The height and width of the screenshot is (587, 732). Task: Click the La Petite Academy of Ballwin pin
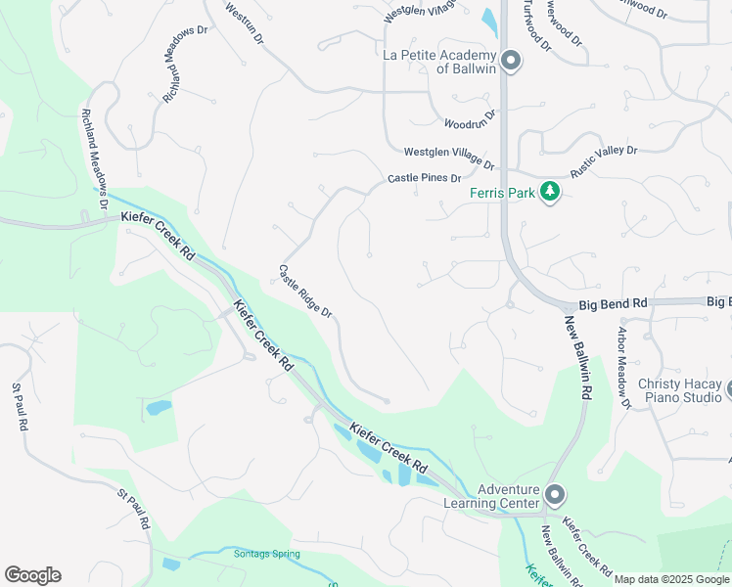(x=510, y=62)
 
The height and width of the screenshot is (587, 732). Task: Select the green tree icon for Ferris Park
(x=551, y=192)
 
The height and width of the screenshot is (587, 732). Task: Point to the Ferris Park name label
(x=502, y=193)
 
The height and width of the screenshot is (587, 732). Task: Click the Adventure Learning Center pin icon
(x=555, y=495)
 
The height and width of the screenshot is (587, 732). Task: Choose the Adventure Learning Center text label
(x=509, y=496)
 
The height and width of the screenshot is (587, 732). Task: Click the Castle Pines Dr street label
(x=424, y=178)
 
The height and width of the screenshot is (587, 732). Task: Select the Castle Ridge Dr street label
(x=305, y=291)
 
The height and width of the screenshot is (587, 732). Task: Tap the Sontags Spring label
(x=266, y=554)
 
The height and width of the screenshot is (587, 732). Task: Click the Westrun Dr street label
(x=244, y=22)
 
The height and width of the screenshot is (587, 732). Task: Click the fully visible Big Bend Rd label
(x=613, y=304)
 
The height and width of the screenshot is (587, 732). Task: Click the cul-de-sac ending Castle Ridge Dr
(x=388, y=401)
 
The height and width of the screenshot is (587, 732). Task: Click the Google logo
(x=32, y=575)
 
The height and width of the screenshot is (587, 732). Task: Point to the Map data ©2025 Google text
(x=670, y=579)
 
